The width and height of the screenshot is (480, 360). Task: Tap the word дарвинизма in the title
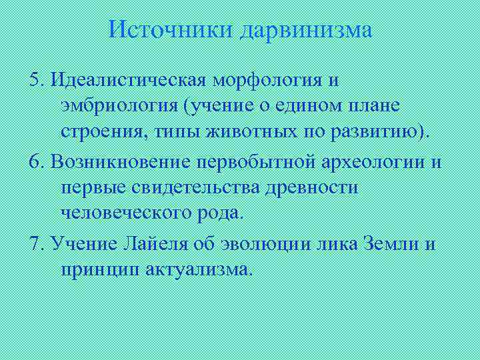(x=307, y=30)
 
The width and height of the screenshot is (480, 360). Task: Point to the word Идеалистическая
(x=127, y=81)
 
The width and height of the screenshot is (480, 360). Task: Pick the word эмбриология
(x=120, y=105)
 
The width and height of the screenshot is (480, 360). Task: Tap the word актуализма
(x=199, y=269)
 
